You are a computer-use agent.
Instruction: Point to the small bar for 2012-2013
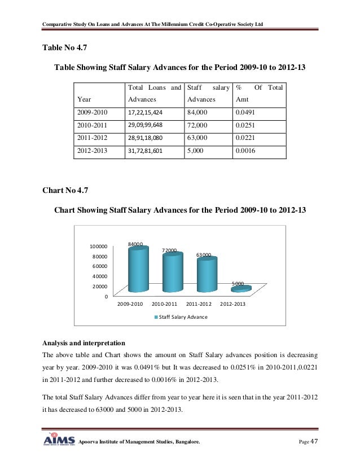point(241,289)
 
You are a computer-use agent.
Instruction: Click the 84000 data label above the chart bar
point(135,244)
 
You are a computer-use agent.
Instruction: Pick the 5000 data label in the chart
point(238,283)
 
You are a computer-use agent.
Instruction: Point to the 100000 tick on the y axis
point(99,247)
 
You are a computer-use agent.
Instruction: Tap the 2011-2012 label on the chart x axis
point(198,305)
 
